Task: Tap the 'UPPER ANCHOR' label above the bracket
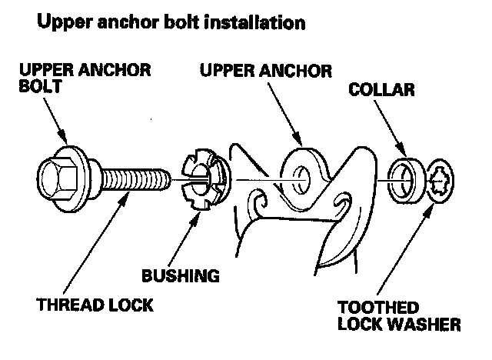[265, 71]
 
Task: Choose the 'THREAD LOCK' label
[93, 305]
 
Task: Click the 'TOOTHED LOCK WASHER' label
[401, 316]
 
